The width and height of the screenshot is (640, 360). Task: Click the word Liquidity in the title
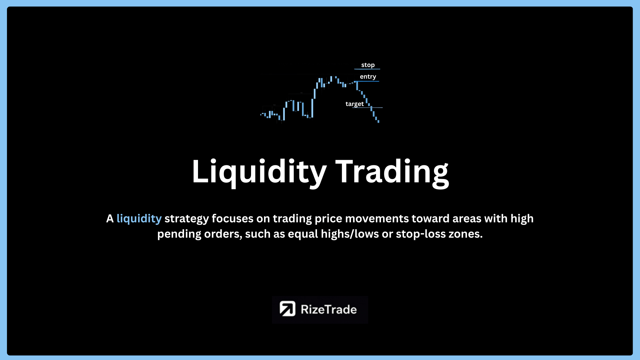pos(259,172)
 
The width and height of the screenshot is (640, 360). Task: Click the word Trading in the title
pos(392,172)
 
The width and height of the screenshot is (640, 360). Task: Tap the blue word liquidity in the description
pos(139,219)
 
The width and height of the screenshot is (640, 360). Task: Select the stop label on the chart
pos(368,65)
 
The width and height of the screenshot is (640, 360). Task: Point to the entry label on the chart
pos(368,77)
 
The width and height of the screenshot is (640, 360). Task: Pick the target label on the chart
pos(355,104)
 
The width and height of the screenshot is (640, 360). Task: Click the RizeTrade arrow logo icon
pos(287,309)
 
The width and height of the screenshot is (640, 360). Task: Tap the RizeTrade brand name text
pos(329,309)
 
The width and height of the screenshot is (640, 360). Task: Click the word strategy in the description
pos(187,219)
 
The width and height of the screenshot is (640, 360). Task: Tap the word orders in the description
pos(223,234)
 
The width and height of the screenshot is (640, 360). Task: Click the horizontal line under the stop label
pos(367,69)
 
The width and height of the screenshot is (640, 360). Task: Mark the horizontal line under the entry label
pos(367,81)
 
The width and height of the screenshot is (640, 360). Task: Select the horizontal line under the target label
pos(367,108)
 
